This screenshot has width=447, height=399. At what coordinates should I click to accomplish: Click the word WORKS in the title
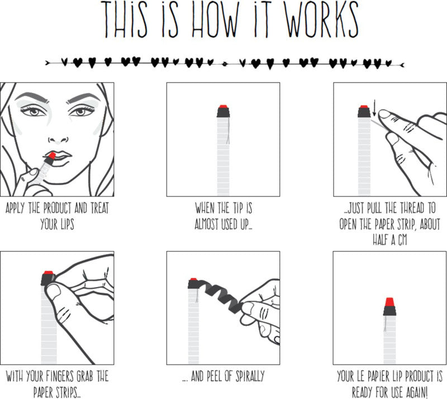tap(322, 20)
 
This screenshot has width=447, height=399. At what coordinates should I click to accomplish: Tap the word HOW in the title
tap(213, 20)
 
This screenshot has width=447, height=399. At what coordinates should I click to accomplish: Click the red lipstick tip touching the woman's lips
tap(51, 156)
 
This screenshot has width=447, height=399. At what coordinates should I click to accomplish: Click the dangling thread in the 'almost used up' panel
tap(228, 131)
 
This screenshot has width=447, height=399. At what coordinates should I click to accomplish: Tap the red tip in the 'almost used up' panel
tap(223, 106)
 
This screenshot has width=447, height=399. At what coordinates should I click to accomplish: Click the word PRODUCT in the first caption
tap(58, 208)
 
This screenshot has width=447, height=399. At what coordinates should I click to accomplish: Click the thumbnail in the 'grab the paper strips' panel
tap(54, 292)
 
